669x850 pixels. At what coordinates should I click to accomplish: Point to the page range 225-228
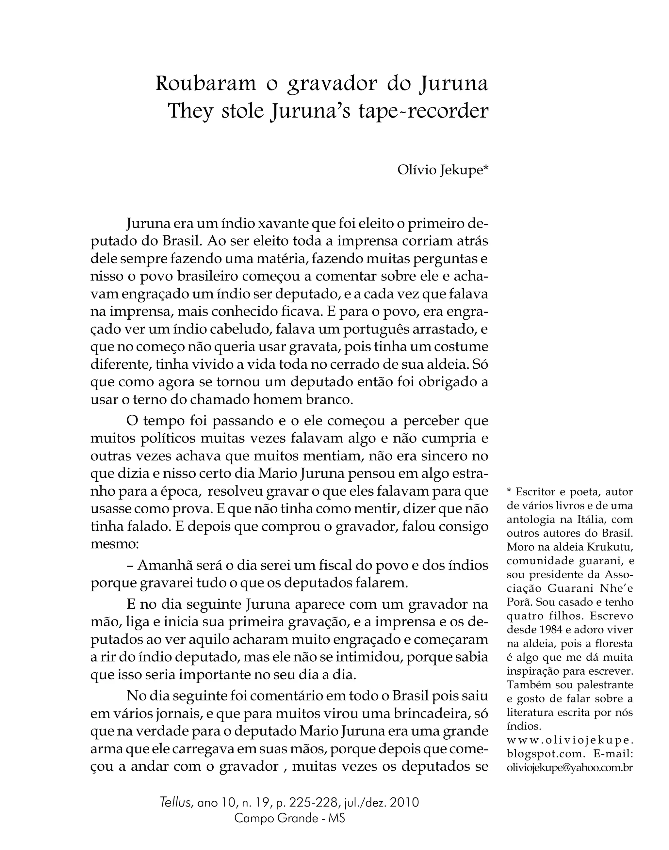313,803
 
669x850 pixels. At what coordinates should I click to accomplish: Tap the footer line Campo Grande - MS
289,819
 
